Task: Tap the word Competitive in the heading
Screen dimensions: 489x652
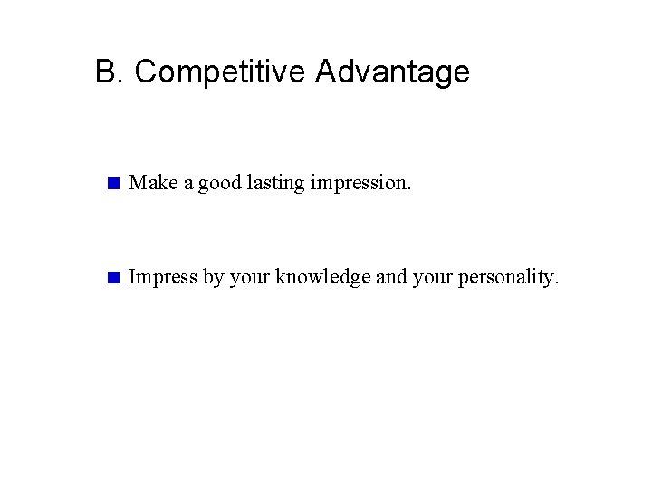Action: pos(220,72)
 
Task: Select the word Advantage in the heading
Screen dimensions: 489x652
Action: pos(392,72)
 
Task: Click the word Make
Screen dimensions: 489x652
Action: pos(150,184)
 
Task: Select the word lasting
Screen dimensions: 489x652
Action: pos(275,185)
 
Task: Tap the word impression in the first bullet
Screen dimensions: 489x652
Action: pos(358,185)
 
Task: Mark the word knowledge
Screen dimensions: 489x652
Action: pos(321,278)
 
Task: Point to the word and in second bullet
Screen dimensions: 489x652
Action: pos(390,278)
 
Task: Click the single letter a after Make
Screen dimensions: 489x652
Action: pos(187,186)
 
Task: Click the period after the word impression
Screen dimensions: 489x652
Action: pos(408,190)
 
